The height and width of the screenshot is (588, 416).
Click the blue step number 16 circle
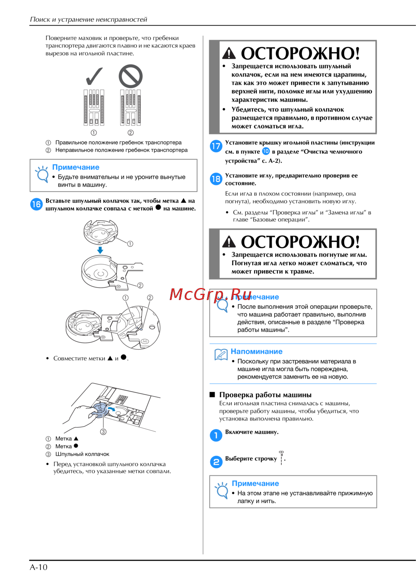(x=36, y=204)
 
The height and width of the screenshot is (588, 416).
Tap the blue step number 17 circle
(x=216, y=146)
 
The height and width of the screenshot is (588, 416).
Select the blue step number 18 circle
(x=216, y=179)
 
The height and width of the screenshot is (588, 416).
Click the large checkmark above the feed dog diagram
(x=94, y=76)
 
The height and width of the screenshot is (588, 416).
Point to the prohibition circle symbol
(x=131, y=76)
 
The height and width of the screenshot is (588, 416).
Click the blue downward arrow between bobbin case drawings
(x=100, y=250)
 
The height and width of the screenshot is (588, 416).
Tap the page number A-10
(x=39, y=567)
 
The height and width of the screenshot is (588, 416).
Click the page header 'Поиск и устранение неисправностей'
(x=89, y=20)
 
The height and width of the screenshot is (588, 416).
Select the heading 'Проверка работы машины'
(x=265, y=395)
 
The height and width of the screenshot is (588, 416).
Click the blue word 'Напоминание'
(x=256, y=352)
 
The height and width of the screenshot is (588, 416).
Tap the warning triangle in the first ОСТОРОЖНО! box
(x=229, y=54)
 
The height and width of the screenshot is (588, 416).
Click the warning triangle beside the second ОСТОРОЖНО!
(x=229, y=242)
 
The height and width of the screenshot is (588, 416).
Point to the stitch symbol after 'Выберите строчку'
(x=282, y=458)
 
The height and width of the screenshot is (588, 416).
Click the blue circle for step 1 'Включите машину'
(x=216, y=435)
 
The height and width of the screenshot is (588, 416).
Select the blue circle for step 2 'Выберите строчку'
(x=216, y=462)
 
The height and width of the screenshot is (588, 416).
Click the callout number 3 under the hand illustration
(x=103, y=432)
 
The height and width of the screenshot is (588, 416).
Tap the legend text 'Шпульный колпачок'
(x=82, y=454)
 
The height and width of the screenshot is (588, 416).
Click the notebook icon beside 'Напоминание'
(x=221, y=354)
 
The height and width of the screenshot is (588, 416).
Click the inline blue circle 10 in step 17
(x=266, y=151)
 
